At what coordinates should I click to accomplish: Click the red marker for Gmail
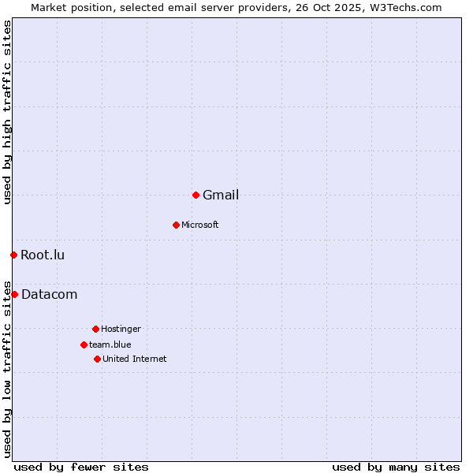[196, 195]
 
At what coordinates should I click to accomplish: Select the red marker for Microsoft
[176, 225]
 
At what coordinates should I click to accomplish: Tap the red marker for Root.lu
[13, 255]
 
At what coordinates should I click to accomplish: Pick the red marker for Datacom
[14, 294]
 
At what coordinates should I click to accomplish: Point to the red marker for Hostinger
[95, 329]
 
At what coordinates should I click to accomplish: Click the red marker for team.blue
[84, 345]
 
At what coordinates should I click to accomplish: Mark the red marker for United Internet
[97, 359]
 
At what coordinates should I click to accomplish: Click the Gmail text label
[221, 196]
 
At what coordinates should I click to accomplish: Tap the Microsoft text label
[200, 225]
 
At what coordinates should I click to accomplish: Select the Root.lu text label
[43, 255]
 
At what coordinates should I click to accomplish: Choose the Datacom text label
[50, 295]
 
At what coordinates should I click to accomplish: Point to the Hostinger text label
[121, 330]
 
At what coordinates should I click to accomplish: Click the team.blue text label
[110, 345]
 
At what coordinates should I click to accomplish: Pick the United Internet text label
[135, 359]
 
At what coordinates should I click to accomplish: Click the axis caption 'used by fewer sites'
[81, 467]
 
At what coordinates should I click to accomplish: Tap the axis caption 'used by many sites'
[396, 467]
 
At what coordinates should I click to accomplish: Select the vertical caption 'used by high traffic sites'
[8, 112]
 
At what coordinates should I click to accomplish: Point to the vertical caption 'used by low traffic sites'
[8, 368]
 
